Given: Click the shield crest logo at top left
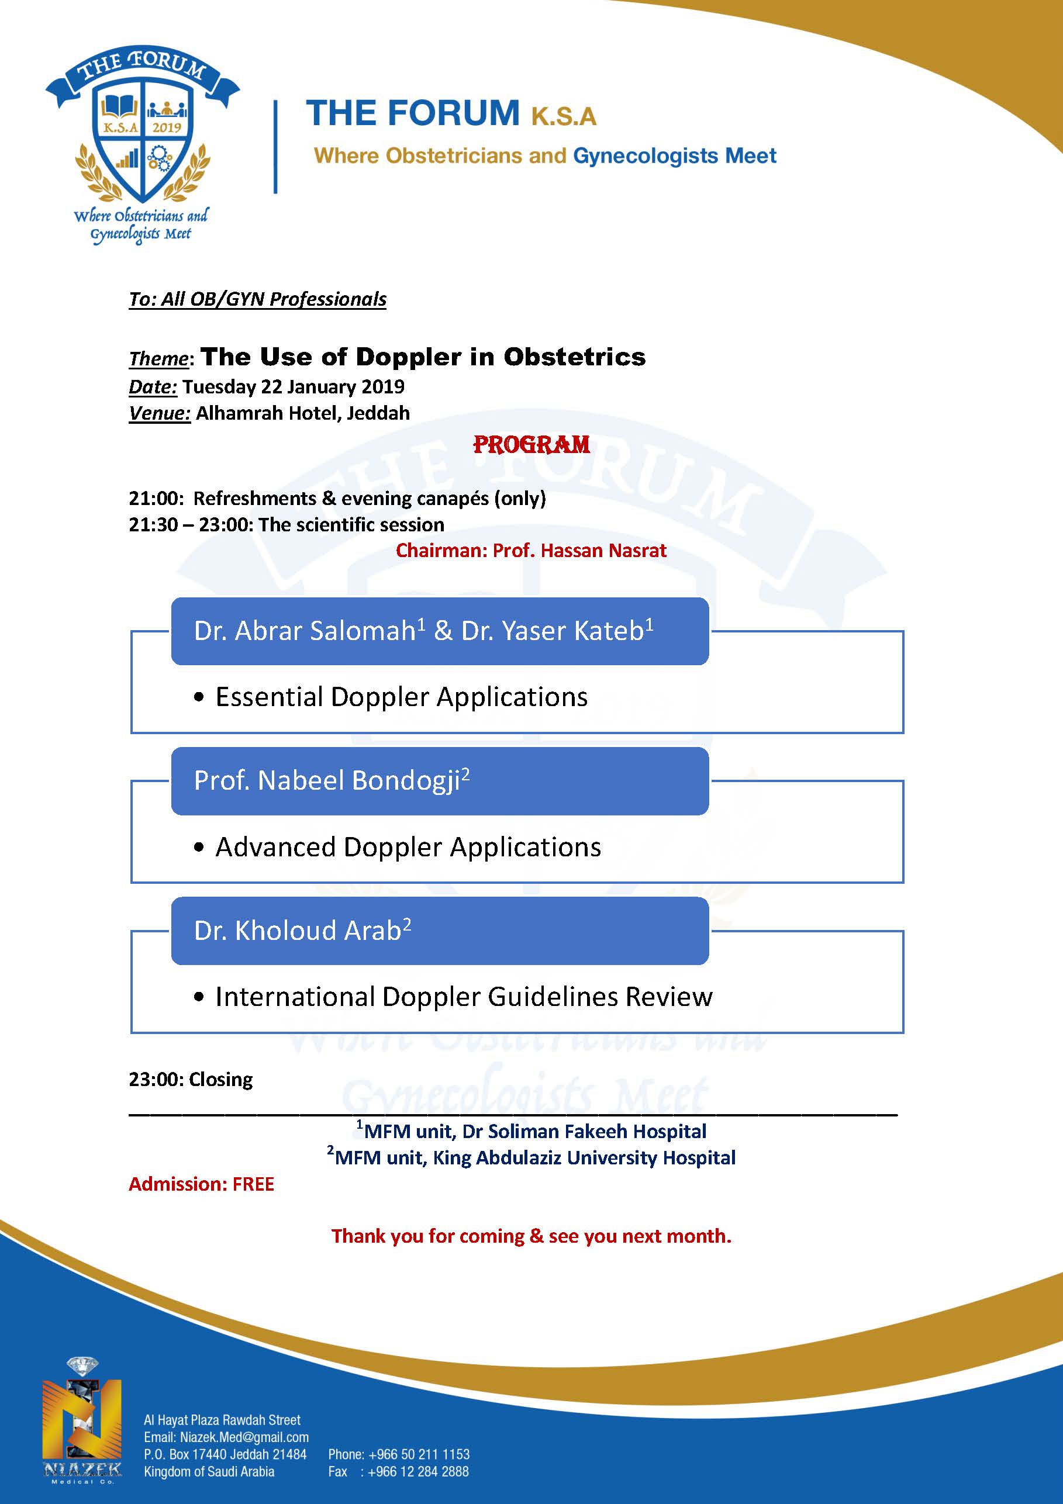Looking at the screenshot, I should pos(142,137).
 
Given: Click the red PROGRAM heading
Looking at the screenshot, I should pos(531,445).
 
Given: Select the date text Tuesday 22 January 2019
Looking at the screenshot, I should pos(293,386).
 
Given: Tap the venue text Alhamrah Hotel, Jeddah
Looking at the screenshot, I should pos(303,413).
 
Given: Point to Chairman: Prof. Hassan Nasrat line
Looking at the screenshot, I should pos(531,550).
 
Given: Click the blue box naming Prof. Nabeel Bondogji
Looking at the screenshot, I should pos(440,781).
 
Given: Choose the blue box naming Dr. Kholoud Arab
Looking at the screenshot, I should pos(440,931).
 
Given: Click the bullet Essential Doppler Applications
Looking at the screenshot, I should pos(401,697).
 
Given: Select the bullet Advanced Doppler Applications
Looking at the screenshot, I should pos(408,847).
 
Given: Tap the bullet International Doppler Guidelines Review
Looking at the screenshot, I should pos(463,997).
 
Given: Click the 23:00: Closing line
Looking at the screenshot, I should pos(191,1080).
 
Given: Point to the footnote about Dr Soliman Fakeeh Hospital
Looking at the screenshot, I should pos(531,1131).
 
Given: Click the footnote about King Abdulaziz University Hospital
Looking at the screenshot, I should pos(531,1157).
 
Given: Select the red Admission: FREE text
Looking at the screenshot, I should pos(201,1184).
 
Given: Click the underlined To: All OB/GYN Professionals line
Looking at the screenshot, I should pos(257,299).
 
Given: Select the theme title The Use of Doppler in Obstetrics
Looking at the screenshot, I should pos(423,357).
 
